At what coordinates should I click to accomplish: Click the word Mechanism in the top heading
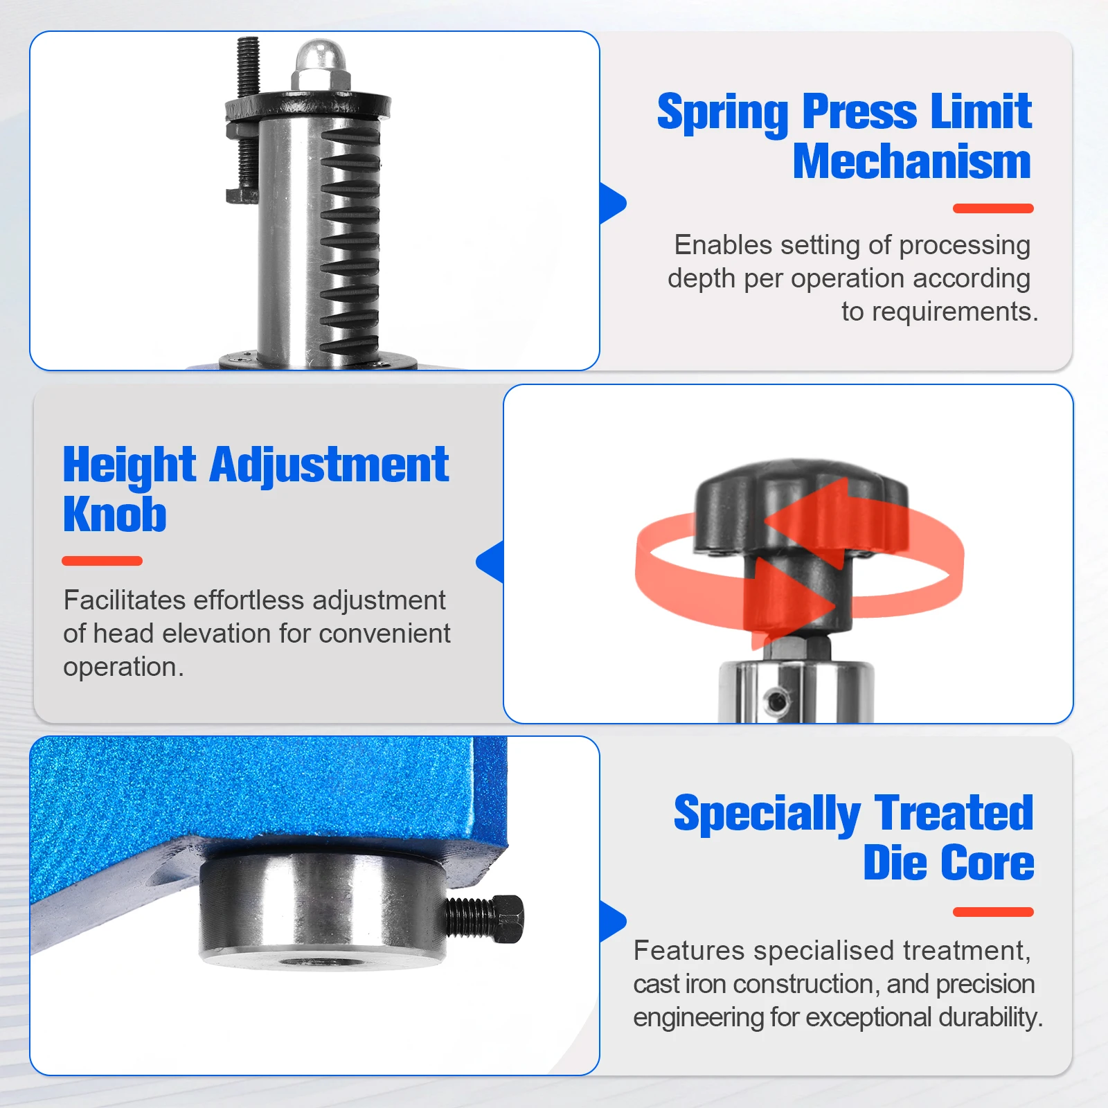tap(911, 162)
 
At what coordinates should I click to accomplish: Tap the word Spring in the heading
tap(722, 112)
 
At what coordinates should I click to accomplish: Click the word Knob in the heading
tap(114, 515)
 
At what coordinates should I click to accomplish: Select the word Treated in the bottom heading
tap(954, 813)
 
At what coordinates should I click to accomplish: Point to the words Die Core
tap(948, 864)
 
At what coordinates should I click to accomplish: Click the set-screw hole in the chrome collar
tap(778, 701)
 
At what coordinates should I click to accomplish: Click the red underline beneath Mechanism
tap(992, 208)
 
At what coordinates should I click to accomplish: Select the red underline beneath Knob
tap(102, 561)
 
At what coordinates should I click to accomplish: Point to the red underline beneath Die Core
tap(992, 912)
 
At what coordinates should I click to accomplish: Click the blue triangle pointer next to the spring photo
tap(611, 204)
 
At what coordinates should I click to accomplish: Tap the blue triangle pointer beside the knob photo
tap(491, 562)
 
